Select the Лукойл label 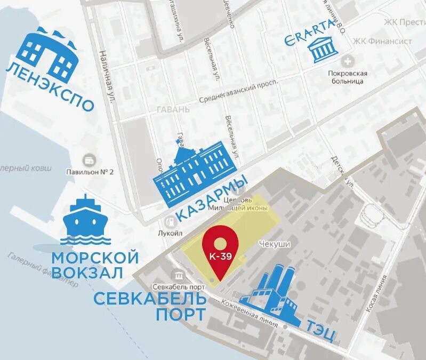click(x=171, y=233)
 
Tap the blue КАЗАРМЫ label click(x=211, y=198)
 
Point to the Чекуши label click(x=274, y=243)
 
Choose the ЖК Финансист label click(x=383, y=41)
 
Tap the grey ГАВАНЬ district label click(x=173, y=109)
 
